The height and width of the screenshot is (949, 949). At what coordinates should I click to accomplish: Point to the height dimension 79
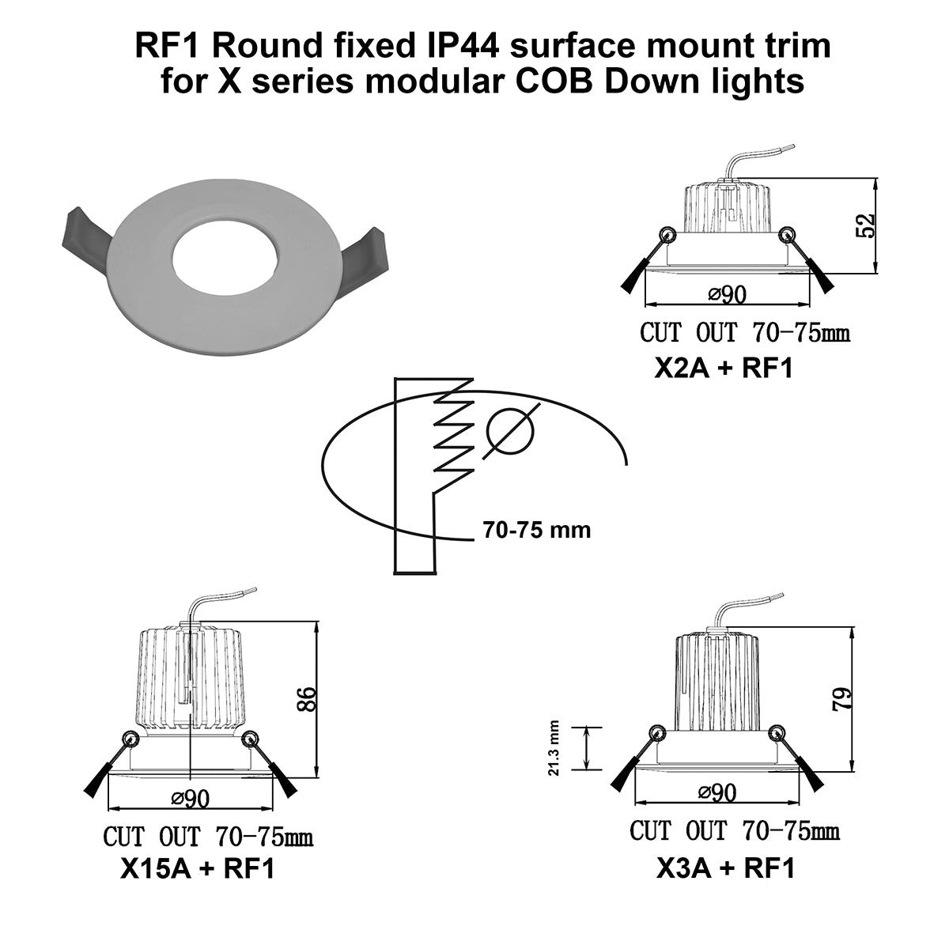pos(844,699)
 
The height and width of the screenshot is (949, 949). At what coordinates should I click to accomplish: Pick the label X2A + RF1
pos(724,369)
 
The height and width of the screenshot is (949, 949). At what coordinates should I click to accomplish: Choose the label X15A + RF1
pos(197,869)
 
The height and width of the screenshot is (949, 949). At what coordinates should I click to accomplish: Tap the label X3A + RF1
pos(725,869)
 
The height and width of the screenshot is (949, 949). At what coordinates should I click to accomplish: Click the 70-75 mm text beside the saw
pos(536,530)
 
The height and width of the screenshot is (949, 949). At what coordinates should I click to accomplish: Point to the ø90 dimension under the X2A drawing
pos(728,295)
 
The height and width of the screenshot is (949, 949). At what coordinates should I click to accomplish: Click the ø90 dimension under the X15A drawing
pos(190,799)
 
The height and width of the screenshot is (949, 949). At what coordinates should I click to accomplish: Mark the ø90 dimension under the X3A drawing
pos(717,792)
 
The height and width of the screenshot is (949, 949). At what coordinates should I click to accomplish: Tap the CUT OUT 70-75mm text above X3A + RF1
pos(734,831)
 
